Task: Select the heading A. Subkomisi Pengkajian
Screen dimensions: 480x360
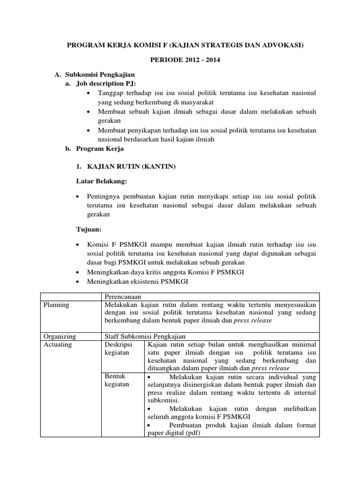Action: pyautogui.click(x=95, y=75)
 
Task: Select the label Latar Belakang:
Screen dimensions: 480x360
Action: pyautogui.click(x=102, y=181)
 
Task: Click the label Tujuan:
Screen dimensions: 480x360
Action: pyautogui.click(x=89, y=229)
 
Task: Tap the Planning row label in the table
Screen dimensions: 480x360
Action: pyautogui.click(x=56, y=305)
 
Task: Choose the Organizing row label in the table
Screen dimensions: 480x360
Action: pyautogui.click(x=59, y=336)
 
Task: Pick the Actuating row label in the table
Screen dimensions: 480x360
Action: pyautogui.click(x=57, y=345)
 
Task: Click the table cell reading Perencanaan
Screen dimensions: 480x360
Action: pyautogui.click(x=123, y=297)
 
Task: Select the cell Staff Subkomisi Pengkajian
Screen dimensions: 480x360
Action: pyautogui.click(x=145, y=336)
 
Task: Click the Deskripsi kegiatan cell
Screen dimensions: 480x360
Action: pyautogui.click(x=118, y=348)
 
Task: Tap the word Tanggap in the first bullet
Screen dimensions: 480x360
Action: pyautogui.click(x=111, y=93)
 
